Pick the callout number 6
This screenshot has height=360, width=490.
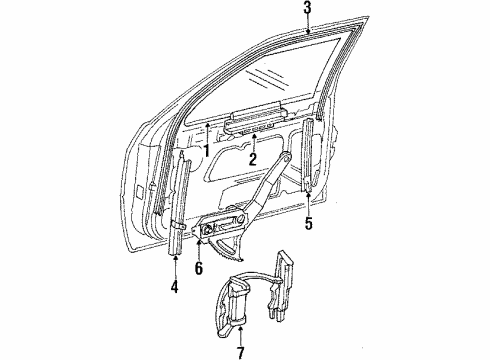click(x=199, y=268)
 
